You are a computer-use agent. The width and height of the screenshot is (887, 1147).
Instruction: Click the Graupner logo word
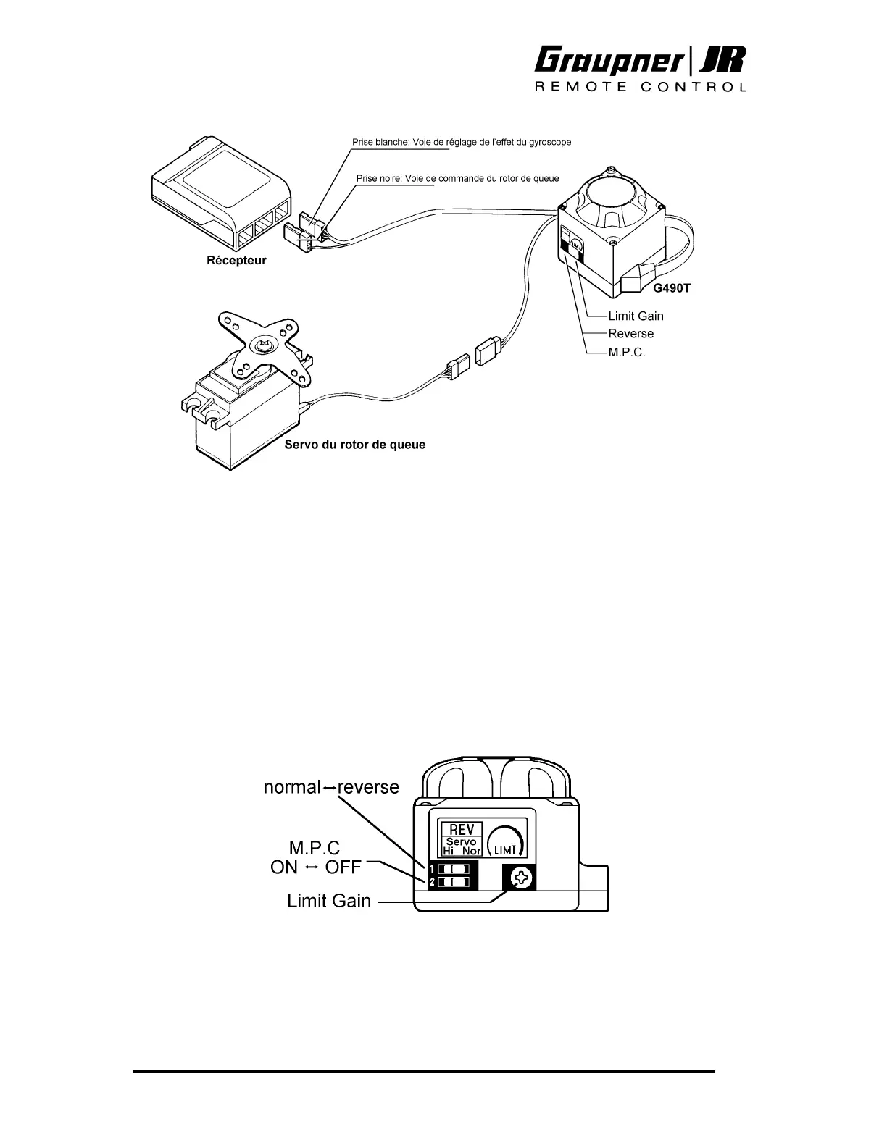[610, 62]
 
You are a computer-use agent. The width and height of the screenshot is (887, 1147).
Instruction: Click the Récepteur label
[237, 261]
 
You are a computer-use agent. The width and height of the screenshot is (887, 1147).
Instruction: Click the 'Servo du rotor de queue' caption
[354, 445]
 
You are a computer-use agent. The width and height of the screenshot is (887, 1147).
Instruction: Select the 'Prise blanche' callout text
[462, 143]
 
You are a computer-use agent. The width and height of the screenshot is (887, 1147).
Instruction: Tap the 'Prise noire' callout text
[458, 179]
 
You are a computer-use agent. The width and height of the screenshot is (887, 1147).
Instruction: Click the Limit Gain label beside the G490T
[636, 316]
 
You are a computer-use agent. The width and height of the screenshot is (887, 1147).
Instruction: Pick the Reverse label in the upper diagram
[630, 334]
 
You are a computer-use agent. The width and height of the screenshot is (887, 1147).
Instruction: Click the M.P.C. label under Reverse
[626, 352]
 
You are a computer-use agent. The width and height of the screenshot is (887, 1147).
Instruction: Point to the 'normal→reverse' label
[331, 787]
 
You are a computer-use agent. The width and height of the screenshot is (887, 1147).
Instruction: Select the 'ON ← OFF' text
[315, 867]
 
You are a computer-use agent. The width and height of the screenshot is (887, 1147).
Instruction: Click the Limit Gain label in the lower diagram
[329, 902]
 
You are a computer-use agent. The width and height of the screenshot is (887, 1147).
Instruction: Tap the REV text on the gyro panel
[462, 829]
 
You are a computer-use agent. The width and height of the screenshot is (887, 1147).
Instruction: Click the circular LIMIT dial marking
[505, 843]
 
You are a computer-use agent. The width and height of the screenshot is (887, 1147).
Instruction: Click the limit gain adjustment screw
[521, 879]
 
